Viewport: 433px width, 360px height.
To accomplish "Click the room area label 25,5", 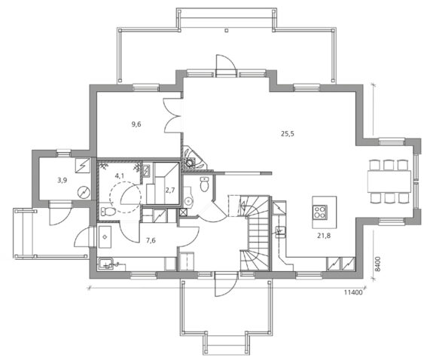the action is tap(288, 134).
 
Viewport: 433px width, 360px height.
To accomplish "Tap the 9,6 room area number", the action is tap(136, 124).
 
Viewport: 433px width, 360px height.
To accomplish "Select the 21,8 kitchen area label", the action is tap(324, 236).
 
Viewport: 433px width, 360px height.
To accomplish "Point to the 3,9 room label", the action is tap(63, 181).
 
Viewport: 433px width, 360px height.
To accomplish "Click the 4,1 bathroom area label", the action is tap(120, 175).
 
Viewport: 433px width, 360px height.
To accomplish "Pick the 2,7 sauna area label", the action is tap(170, 190).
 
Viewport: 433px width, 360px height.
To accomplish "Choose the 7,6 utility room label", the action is tap(151, 240).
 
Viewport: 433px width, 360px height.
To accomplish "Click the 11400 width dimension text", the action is tap(353, 292).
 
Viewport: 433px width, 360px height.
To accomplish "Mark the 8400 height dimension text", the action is tap(378, 264).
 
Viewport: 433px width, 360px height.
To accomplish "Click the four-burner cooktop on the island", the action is tap(320, 212).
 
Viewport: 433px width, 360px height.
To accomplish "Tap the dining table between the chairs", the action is tap(389, 182).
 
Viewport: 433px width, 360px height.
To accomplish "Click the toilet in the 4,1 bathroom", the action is tap(108, 212).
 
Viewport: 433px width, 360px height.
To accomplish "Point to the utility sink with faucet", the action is tap(107, 264).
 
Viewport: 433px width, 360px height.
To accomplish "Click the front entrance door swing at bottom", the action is tap(226, 285).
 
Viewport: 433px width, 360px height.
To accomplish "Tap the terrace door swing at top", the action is tap(226, 65).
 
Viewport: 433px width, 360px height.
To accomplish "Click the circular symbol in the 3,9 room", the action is tap(84, 192).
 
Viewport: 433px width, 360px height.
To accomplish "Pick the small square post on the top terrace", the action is tap(227, 31).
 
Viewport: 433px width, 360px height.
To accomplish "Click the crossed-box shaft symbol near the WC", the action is tap(183, 212).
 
